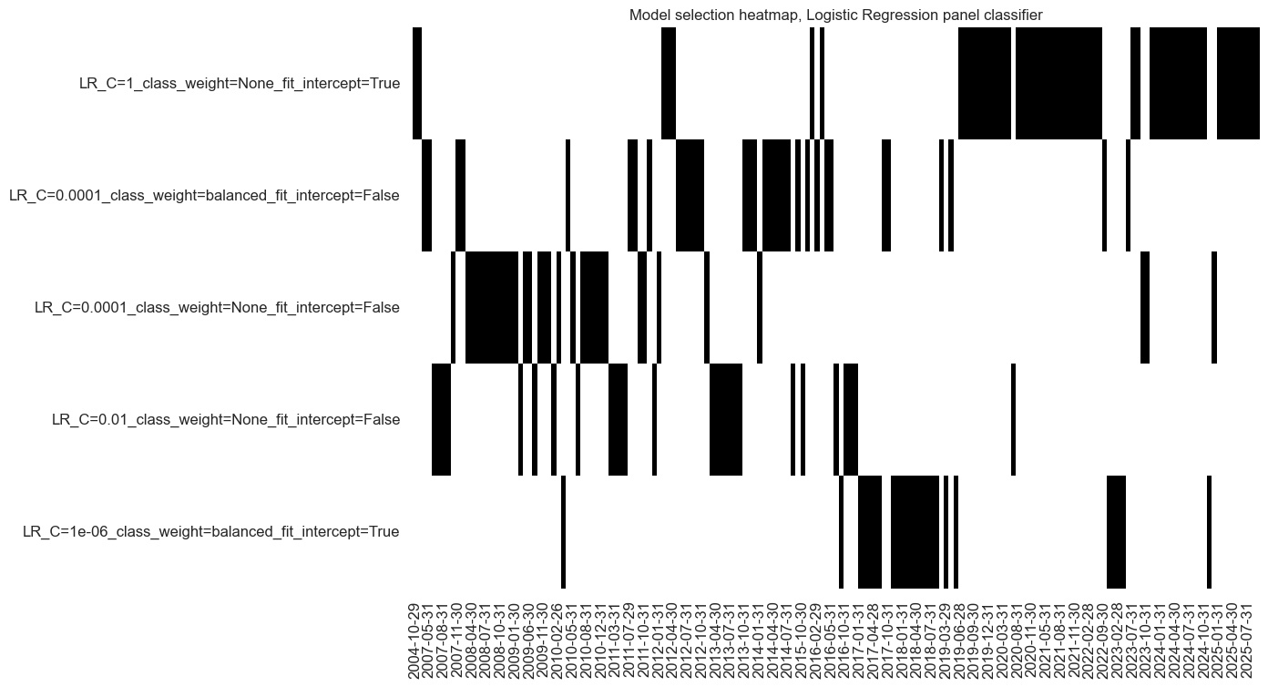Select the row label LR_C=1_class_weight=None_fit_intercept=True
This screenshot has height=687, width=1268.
click(x=239, y=84)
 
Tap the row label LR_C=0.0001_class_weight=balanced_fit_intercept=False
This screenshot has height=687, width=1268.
click(x=204, y=195)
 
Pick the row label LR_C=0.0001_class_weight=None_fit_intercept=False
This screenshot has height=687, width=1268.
click(x=217, y=307)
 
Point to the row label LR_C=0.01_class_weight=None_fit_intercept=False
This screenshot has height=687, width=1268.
click(x=226, y=419)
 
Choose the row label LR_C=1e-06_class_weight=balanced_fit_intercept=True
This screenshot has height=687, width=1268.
click(x=210, y=531)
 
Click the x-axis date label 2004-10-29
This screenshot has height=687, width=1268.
click(x=415, y=638)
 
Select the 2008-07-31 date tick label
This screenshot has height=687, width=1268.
click(x=487, y=638)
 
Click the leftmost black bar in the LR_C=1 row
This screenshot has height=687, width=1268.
click(x=417, y=84)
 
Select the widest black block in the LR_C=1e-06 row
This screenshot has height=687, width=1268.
click(x=915, y=532)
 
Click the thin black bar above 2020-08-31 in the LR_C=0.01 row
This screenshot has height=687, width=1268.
click(x=1013, y=419)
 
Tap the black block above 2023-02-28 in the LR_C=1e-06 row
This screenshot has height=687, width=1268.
click(x=1116, y=532)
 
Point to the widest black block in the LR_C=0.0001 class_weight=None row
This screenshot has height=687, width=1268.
click(x=492, y=307)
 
